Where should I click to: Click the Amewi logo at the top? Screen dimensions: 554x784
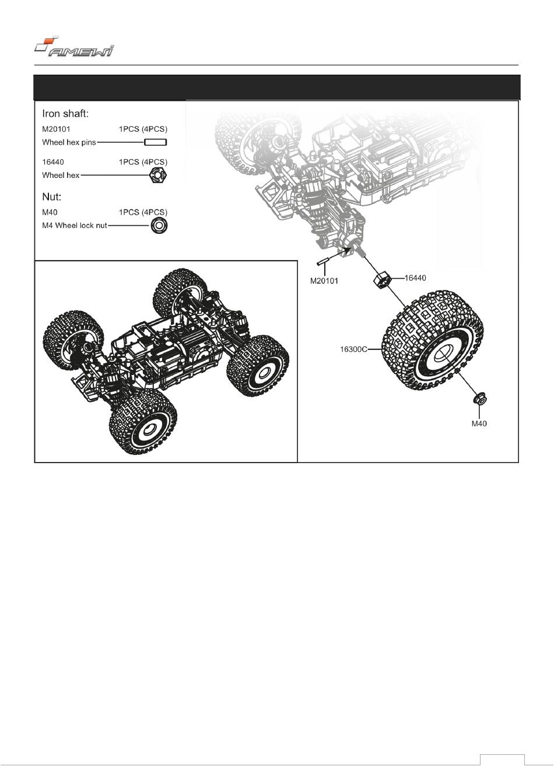coord(74,47)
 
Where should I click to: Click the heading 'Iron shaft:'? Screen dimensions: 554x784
coord(65,114)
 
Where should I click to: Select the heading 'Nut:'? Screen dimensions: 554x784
coord(52,197)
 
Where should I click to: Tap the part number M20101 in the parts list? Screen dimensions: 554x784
coord(56,129)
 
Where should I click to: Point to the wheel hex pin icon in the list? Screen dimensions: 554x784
coord(156,142)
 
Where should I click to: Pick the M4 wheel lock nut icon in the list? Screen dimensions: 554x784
coord(157,225)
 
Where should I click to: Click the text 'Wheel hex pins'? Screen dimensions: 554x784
coord(69,142)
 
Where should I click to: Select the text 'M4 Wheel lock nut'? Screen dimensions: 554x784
coord(75,225)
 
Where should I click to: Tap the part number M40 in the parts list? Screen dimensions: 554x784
coord(50,212)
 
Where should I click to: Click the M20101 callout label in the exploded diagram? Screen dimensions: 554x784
coord(324,281)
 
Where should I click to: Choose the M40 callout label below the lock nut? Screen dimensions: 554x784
coord(479,423)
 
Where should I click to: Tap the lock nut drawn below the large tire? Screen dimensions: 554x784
coord(479,400)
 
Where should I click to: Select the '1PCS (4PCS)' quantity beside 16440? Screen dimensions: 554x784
coord(143,162)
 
